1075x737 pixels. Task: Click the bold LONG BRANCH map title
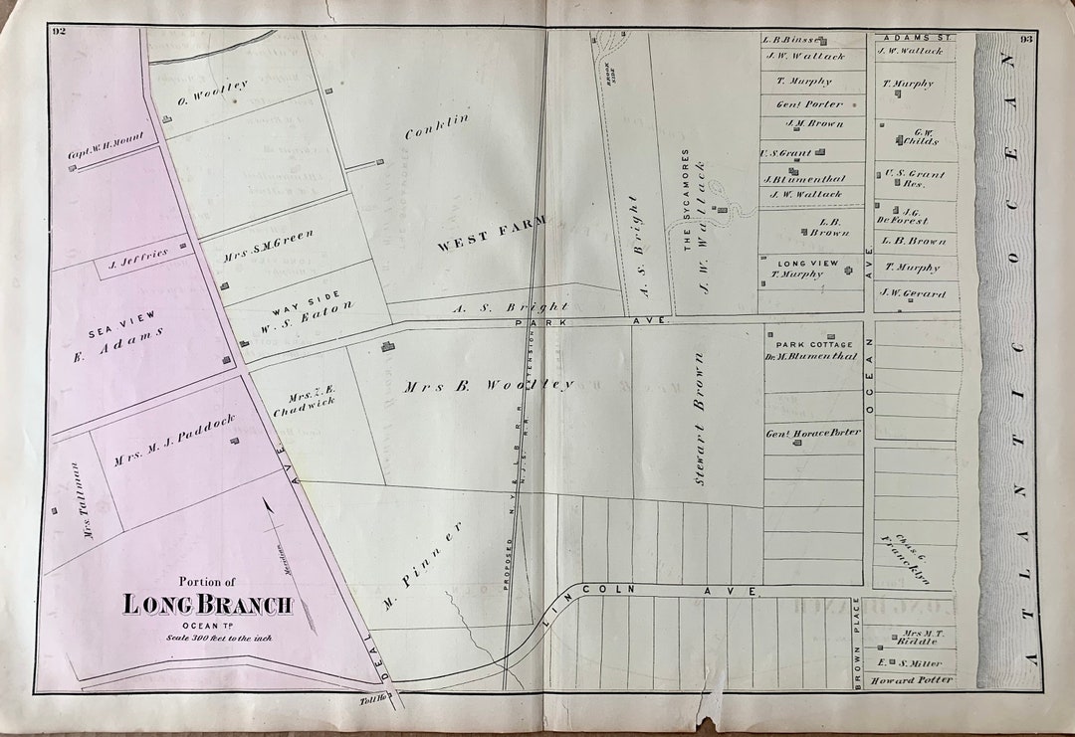coord(208,604)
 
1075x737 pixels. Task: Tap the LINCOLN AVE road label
coord(652,591)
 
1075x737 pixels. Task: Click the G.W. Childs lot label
coord(920,136)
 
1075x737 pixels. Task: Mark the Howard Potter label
coord(911,680)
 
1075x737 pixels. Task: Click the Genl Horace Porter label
coord(812,432)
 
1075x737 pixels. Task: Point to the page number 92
coord(59,32)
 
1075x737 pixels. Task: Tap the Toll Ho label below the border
coord(378,703)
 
